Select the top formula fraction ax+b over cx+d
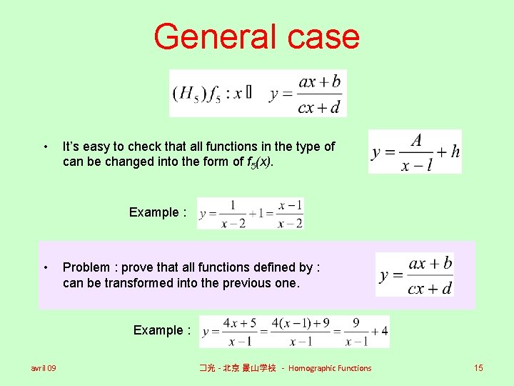point(319,94)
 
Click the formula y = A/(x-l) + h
point(415,152)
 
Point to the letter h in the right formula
point(455,152)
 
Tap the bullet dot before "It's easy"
point(46,147)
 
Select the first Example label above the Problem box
point(157,212)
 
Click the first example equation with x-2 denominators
point(251,214)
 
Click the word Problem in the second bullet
point(86,267)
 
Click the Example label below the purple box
point(161,330)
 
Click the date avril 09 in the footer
point(44,368)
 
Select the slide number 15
point(478,368)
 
